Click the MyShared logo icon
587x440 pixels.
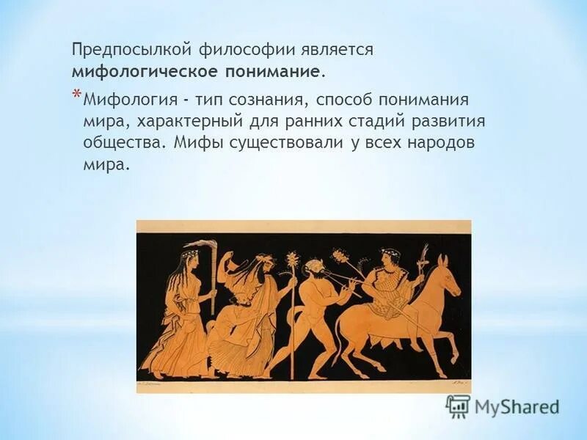[x=458, y=406]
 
